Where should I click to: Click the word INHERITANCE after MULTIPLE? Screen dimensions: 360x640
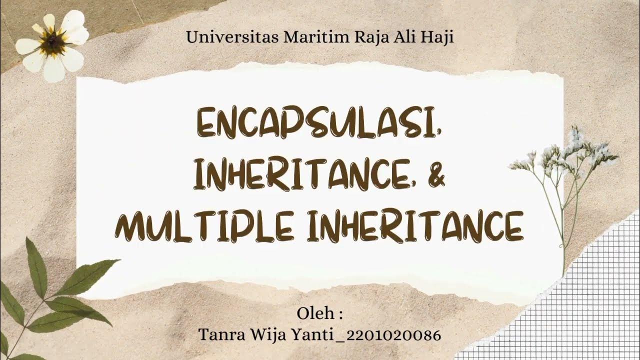pos(420,226)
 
